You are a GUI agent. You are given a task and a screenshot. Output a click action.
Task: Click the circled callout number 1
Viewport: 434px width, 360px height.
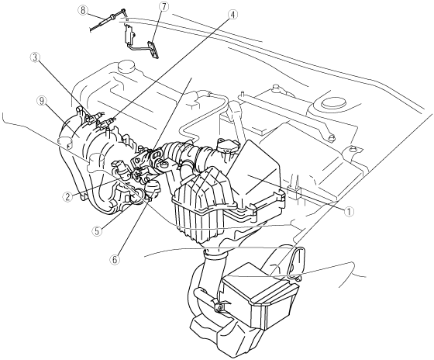pyautogui.click(x=350, y=212)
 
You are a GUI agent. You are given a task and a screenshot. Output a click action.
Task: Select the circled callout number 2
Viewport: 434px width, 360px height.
pyautogui.click(x=67, y=197)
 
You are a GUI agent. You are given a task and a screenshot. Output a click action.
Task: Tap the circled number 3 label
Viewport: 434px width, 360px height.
pyautogui.click(x=36, y=57)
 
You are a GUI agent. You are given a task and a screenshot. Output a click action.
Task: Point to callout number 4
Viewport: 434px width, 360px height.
pyautogui.click(x=232, y=15)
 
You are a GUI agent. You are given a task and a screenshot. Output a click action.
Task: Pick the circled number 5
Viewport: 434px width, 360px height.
pyautogui.click(x=97, y=231)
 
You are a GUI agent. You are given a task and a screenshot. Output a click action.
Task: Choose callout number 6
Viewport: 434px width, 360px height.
pyautogui.click(x=115, y=260)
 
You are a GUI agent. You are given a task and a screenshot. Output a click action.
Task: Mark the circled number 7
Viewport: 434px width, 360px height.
pyautogui.click(x=164, y=7)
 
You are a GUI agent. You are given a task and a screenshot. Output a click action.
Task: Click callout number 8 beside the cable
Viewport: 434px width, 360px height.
pyautogui.click(x=82, y=11)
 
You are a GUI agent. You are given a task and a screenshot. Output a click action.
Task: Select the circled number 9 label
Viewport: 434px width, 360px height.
pyautogui.click(x=41, y=102)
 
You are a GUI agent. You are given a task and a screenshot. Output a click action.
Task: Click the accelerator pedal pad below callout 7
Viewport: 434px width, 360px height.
pyautogui.click(x=153, y=50)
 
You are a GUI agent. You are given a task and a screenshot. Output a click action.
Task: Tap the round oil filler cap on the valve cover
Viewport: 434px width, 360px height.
pyautogui.click(x=126, y=67)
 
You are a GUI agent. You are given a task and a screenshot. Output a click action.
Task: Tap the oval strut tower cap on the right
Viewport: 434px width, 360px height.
pyautogui.click(x=334, y=102)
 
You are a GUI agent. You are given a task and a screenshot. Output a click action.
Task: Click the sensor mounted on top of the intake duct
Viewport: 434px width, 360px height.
pyautogui.click(x=228, y=146)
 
